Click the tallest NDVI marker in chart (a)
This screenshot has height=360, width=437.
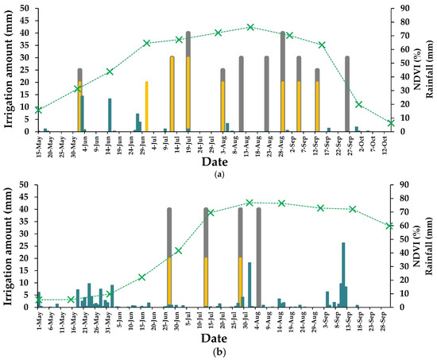[250, 27]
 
